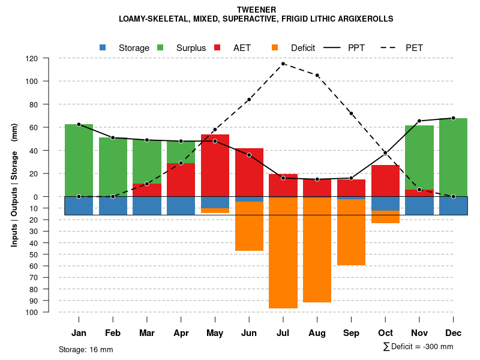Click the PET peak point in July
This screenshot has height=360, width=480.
[x=283, y=64]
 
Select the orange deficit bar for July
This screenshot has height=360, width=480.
[x=283, y=252]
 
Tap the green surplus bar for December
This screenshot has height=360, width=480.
[x=453, y=157]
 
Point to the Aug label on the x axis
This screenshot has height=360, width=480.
[x=317, y=333]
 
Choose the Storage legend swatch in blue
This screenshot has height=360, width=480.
[x=103, y=47]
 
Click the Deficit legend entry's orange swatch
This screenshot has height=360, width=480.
[x=275, y=47]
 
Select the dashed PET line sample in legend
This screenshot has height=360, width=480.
[x=392, y=47]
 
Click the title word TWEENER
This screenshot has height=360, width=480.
[x=256, y=10]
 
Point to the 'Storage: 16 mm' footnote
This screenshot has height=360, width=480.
[x=86, y=349]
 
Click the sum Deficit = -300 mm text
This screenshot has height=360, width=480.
[x=418, y=347]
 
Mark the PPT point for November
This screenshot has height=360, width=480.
[x=419, y=121]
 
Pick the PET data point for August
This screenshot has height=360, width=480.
[x=317, y=75]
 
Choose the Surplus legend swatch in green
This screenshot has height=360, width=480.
[x=160, y=47]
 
